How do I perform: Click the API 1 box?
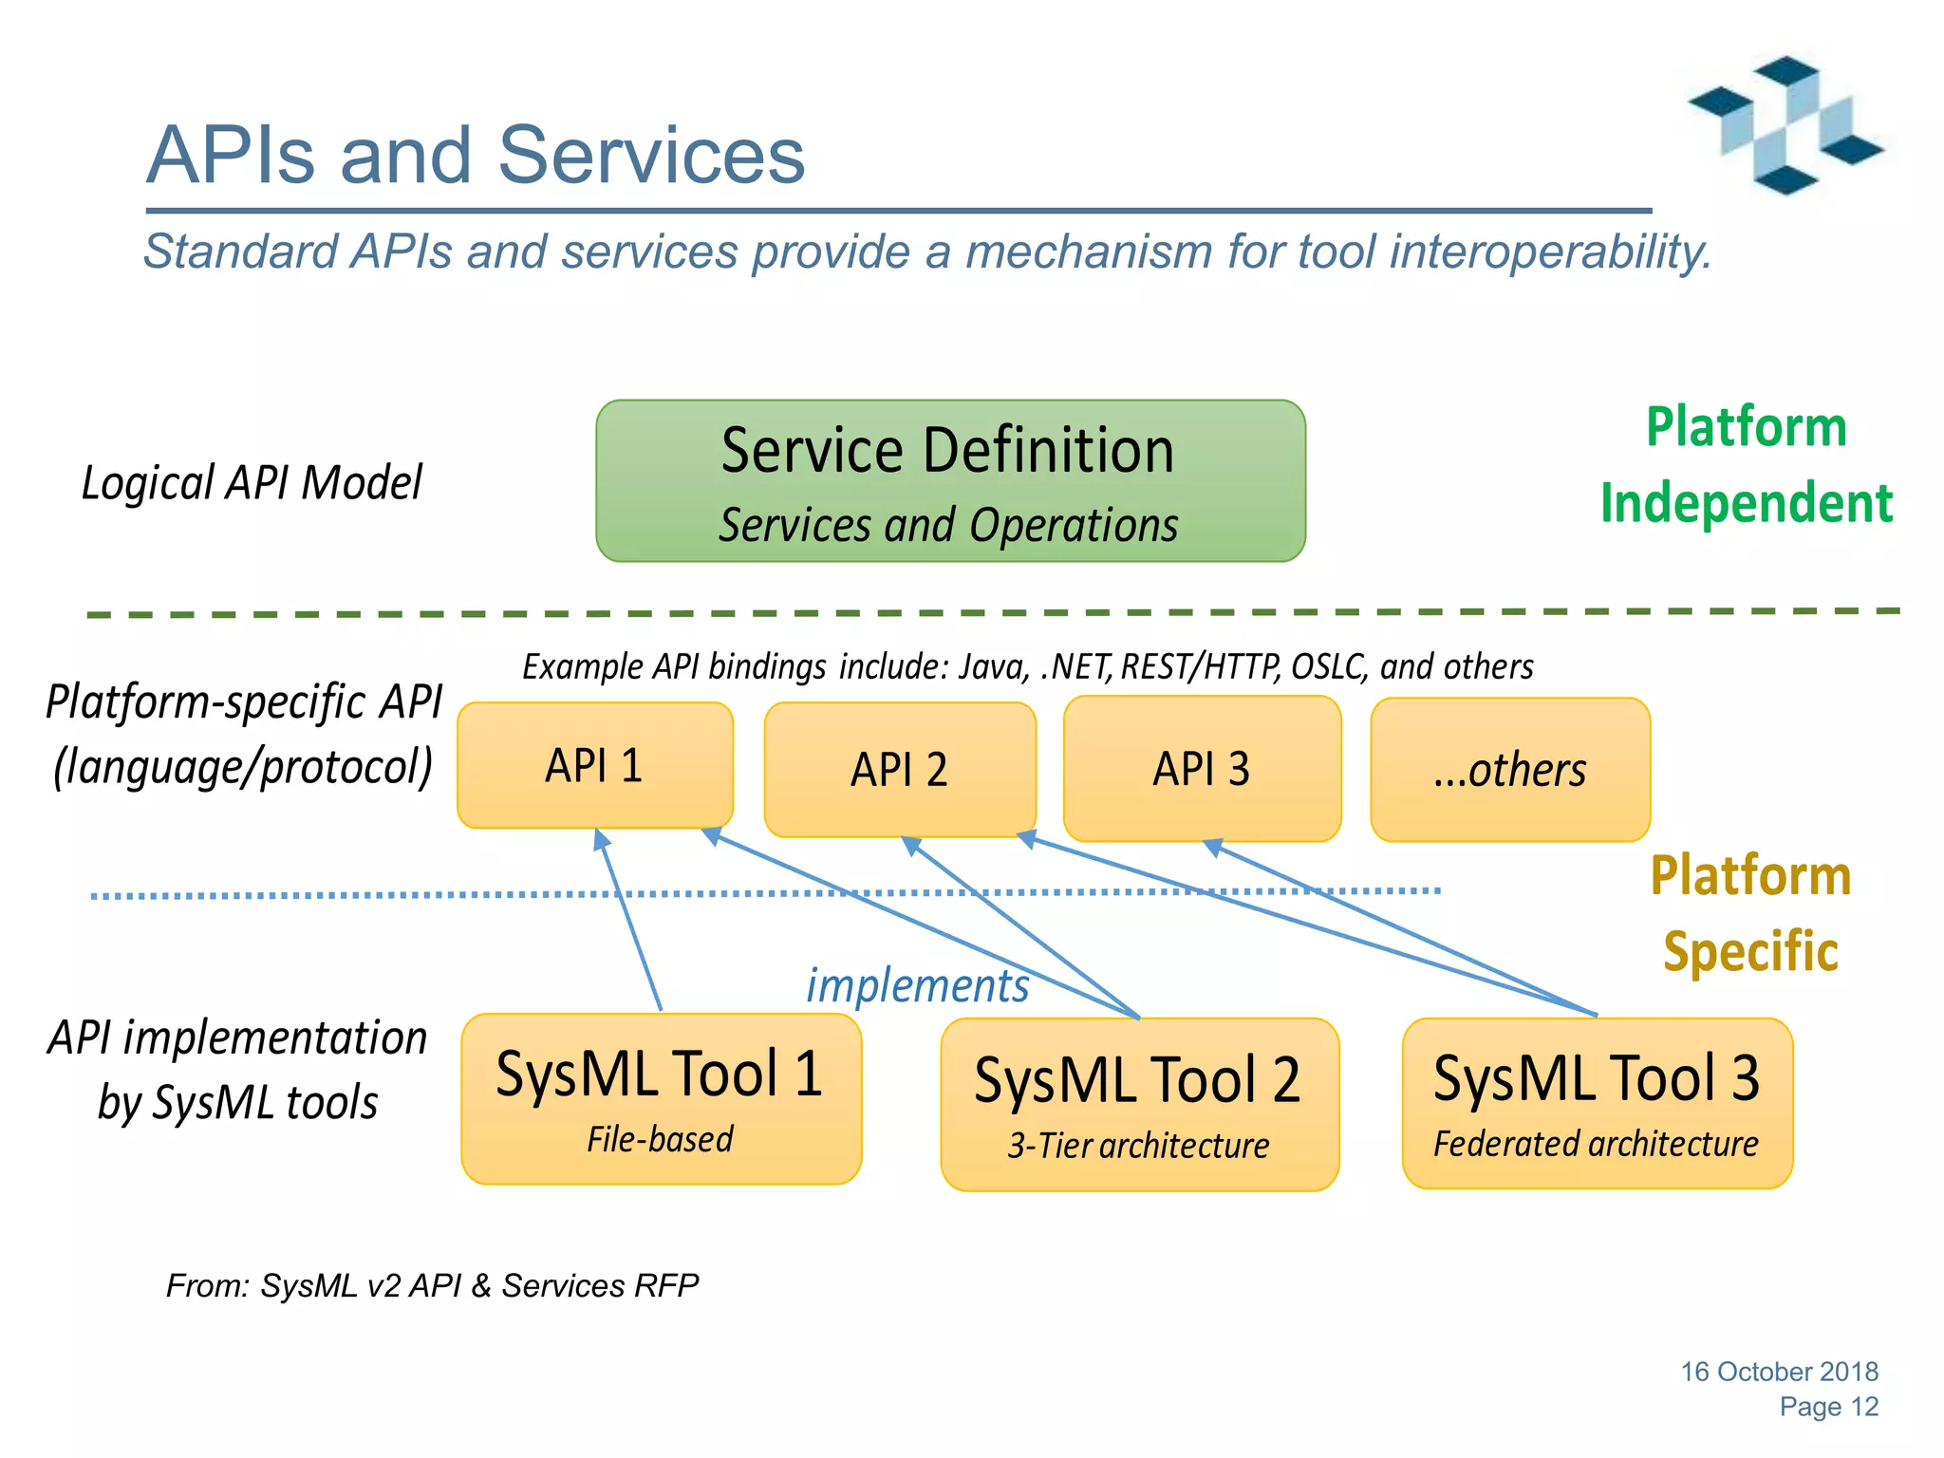click(594, 765)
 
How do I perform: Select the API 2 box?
click(899, 770)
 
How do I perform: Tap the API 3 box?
click(1202, 769)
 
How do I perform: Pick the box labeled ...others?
click(1509, 770)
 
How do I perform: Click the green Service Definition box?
click(950, 481)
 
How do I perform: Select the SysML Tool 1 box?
click(661, 1098)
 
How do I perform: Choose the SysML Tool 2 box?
click(1139, 1104)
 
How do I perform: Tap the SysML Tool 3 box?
click(1597, 1102)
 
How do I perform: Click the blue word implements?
click(917, 985)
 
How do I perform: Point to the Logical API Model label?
click(252, 483)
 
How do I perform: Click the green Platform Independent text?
click(1747, 465)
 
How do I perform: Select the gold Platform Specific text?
click(1750, 913)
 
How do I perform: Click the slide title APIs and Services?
click(476, 155)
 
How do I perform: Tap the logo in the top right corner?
click(1785, 126)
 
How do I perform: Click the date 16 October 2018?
click(1779, 1372)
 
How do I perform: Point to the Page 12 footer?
click(1828, 1407)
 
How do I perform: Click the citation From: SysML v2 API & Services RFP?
click(432, 1285)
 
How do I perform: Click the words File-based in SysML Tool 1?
click(660, 1139)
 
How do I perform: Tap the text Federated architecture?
click(1596, 1144)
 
